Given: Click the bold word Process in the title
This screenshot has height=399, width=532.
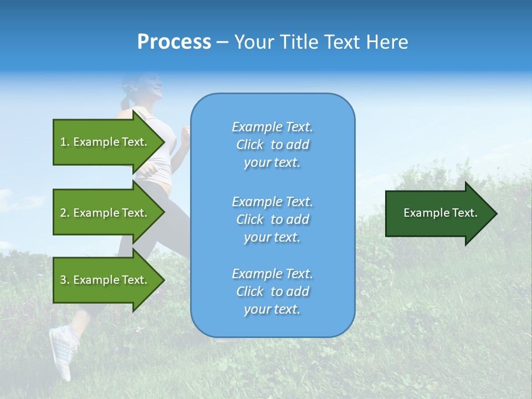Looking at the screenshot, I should click(174, 42).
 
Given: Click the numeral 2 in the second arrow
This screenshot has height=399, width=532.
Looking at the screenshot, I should click(63, 213).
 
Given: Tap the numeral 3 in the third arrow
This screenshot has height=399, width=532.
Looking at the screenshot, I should click(63, 280).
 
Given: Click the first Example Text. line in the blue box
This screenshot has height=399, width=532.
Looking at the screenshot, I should click(272, 127).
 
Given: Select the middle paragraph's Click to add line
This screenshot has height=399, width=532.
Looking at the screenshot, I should click(272, 219).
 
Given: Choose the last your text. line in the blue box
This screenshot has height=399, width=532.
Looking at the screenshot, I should click(272, 309).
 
